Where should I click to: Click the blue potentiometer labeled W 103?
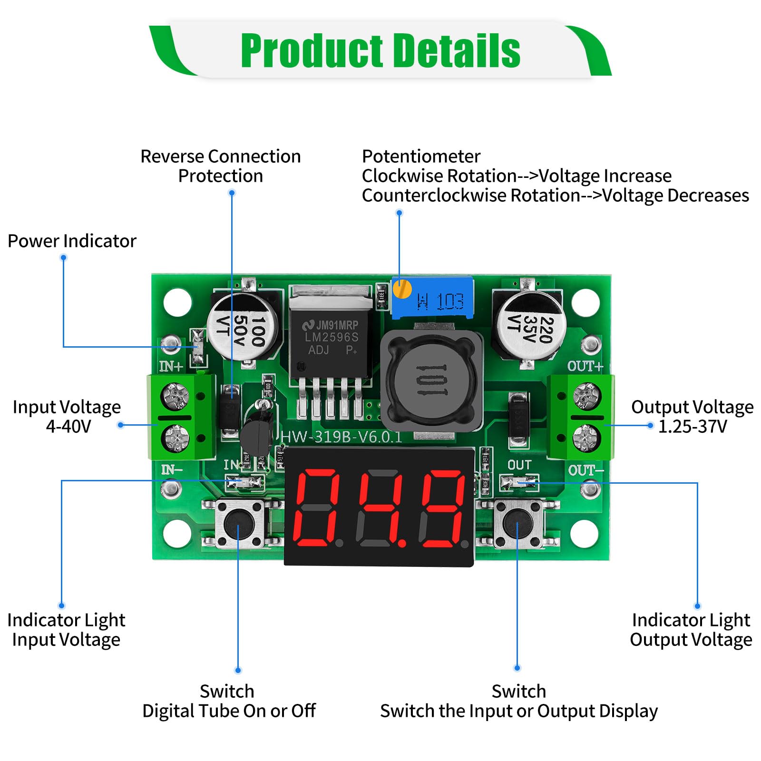click(x=433, y=300)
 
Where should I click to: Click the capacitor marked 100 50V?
click(x=243, y=326)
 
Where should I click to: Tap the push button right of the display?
click(x=518, y=524)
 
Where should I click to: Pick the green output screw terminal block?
click(x=581, y=417)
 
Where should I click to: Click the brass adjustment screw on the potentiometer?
click(x=402, y=289)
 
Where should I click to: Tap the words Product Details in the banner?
click(x=380, y=51)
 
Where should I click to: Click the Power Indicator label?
click(x=72, y=241)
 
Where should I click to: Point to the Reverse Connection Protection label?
click(x=220, y=166)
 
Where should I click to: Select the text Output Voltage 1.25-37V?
click(x=692, y=417)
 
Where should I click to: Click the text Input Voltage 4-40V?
click(x=67, y=417)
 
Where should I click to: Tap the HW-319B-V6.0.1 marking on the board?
click(x=341, y=437)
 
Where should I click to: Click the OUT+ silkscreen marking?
click(x=585, y=366)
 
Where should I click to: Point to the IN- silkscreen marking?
click(x=171, y=470)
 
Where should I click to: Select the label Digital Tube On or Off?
click(x=229, y=711)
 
